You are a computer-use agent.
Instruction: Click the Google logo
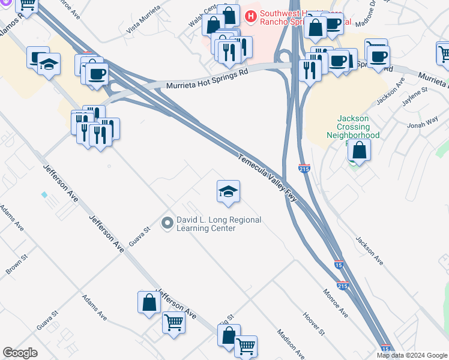20,353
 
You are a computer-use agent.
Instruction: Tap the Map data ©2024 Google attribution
412,355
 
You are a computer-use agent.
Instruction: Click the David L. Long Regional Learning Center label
218,224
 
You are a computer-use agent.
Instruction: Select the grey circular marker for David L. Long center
168,223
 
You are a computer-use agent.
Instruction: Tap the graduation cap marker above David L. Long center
228,192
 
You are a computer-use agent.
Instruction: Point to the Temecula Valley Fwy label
268,179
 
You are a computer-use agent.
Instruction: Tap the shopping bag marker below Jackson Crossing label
358,150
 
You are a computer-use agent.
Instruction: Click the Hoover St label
313,323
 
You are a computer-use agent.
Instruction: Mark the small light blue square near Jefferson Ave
44,195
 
